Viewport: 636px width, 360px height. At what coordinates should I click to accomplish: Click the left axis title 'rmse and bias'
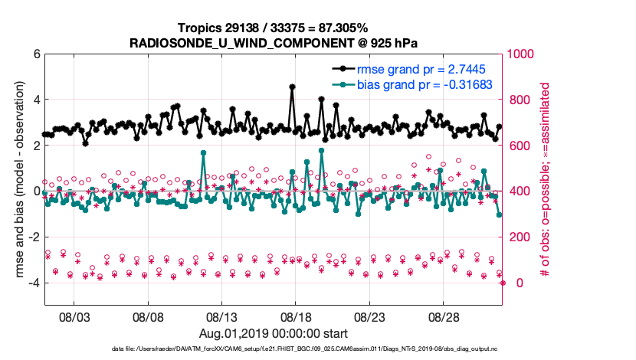(x=14, y=180)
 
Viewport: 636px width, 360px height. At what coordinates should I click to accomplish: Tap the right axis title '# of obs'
(x=546, y=180)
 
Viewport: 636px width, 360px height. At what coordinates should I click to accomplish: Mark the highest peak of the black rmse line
(x=292, y=87)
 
